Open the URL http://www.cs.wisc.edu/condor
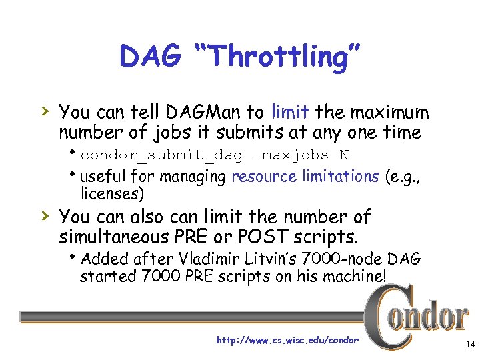pyautogui.click(x=287, y=341)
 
